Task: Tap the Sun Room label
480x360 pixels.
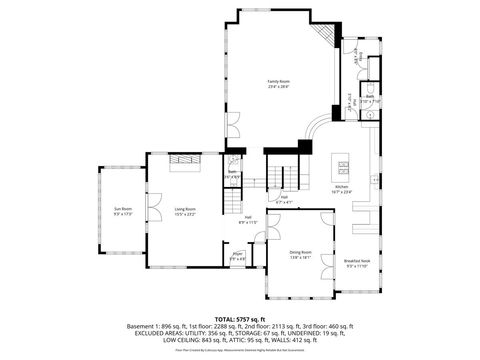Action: coord(123,208)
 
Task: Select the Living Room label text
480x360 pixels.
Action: coord(184,208)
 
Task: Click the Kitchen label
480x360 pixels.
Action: coord(341,187)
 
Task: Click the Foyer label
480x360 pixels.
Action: coord(238,255)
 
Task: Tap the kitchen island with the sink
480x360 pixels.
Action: coord(345,163)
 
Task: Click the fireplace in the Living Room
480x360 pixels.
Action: coord(183,168)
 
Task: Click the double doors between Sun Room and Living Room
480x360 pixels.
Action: coord(153,210)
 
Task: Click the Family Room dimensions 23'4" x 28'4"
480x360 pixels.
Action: coord(278,86)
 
